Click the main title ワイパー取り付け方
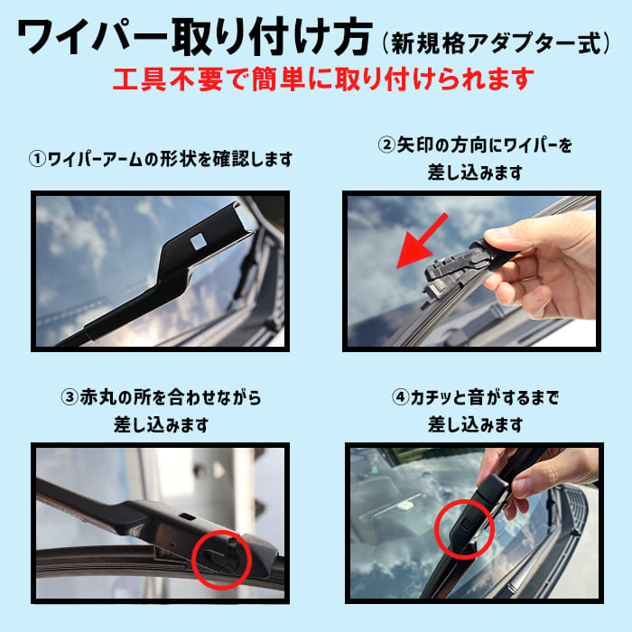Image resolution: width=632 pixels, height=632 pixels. click(194, 37)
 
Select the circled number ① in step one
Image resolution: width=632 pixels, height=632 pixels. click(37, 160)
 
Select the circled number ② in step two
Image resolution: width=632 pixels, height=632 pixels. click(386, 144)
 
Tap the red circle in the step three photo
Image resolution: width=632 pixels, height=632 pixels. click(220, 561)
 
